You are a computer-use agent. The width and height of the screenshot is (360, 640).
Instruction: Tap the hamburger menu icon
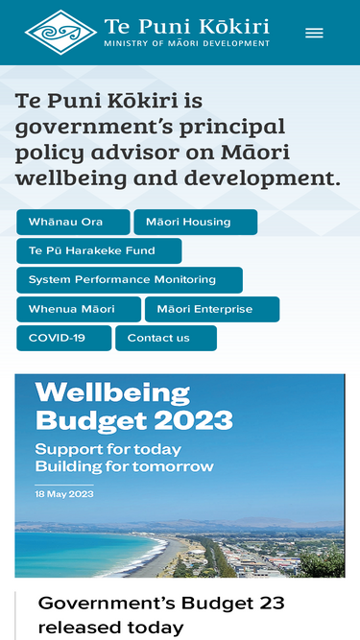tap(314, 33)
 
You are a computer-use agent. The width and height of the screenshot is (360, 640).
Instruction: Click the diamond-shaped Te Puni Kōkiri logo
tap(60, 33)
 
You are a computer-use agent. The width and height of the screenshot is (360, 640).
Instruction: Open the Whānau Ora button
tap(73, 222)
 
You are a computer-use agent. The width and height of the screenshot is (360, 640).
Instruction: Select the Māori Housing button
tap(196, 222)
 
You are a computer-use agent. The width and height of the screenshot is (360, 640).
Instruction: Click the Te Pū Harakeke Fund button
tap(99, 250)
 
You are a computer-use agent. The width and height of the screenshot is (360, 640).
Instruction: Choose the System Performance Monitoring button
tap(130, 280)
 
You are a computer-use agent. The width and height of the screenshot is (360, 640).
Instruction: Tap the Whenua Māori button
tap(79, 309)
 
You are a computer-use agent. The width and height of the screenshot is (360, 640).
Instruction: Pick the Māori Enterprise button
tap(212, 309)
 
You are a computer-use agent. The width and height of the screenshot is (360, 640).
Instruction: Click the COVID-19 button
tap(63, 338)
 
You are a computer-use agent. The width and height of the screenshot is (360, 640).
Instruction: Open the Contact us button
tap(166, 338)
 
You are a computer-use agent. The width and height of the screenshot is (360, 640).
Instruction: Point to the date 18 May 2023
tap(64, 494)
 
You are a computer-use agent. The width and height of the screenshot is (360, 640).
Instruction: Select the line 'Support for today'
tap(108, 449)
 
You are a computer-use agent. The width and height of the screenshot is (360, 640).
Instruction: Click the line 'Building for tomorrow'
tap(125, 466)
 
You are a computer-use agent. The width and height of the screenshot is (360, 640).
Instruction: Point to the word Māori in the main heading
tap(255, 153)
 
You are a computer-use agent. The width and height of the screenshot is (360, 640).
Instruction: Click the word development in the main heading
tap(262, 179)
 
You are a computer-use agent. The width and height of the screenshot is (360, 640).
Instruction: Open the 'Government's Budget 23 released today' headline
tap(161, 615)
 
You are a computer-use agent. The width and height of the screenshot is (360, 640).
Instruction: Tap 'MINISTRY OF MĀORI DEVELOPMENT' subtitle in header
tap(187, 43)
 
